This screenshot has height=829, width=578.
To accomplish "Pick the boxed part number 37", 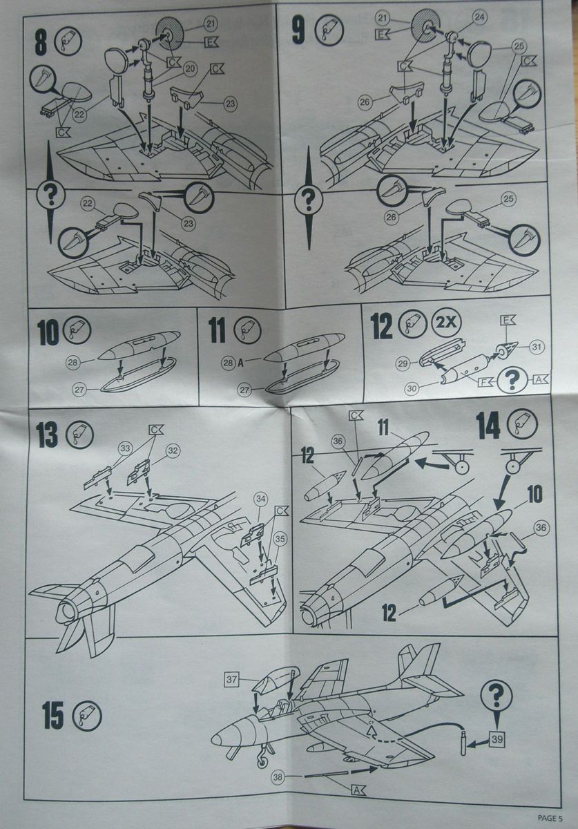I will [x=231, y=680].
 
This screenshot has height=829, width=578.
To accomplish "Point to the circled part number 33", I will [x=125, y=449].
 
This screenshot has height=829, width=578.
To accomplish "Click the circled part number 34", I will [x=260, y=498].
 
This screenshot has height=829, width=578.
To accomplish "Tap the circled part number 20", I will [x=189, y=70].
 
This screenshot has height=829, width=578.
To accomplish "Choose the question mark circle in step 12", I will [x=512, y=379].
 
